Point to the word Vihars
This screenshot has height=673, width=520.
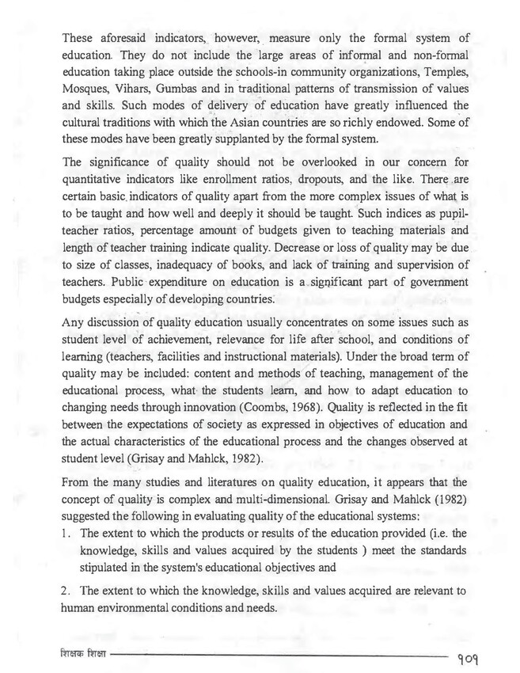(142, 89)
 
